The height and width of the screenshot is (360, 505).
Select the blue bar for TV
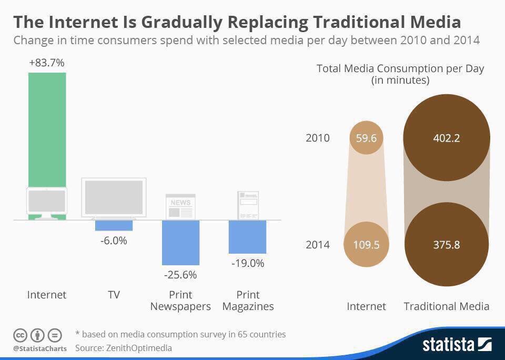[114, 225]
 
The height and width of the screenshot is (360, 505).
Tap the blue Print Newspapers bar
[180, 242]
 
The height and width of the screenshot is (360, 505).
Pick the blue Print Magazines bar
[247, 236]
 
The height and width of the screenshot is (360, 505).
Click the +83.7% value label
[47, 63]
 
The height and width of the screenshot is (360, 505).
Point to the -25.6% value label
[180, 275]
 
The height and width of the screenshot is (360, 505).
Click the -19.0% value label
[247, 263]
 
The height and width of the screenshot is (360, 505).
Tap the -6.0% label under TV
[114, 241]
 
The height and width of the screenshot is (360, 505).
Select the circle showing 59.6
[366, 138]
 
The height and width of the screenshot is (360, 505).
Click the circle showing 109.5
[366, 245]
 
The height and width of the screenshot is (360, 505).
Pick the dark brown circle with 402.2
[446, 138]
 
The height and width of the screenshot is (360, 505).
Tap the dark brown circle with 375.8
[446, 245]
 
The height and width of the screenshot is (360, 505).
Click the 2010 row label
[318, 138]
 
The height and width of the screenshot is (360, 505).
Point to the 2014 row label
[318, 245]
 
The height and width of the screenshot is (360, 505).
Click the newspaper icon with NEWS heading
[180, 207]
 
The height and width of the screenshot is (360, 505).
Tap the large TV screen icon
[114, 198]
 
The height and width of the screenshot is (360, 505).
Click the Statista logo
[457, 345]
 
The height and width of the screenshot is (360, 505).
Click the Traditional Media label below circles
[446, 306]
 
